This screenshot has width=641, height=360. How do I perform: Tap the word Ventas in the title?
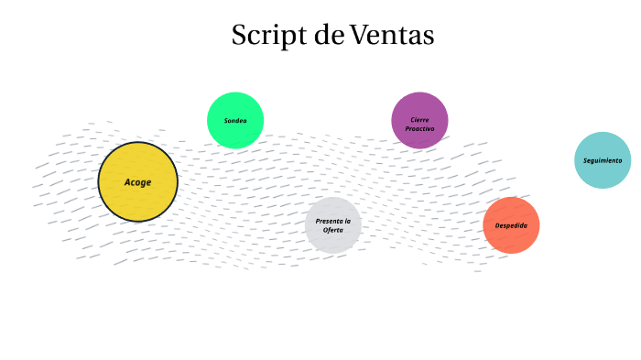[x=392, y=36]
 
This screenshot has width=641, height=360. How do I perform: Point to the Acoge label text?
[x=137, y=182]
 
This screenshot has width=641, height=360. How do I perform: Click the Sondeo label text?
[x=235, y=121]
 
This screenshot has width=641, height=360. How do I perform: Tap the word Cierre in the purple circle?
[x=419, y=120]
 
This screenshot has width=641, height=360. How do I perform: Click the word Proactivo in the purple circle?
[x=419, y=129]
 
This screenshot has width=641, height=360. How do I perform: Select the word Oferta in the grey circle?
[x=333, y=230]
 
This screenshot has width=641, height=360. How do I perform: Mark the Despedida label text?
[x=511, y=225]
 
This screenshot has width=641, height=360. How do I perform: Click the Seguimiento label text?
[x=603, y=160]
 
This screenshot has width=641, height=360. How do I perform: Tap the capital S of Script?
[x=240, y=36]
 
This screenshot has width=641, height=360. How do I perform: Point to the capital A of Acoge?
[x=128, y=182]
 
